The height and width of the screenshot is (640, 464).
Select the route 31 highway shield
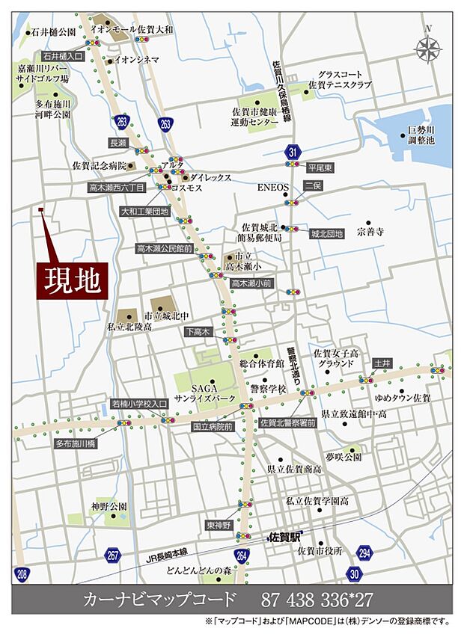pyautogui.click(x=292, y=153)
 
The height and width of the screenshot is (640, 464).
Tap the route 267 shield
pyautogui.click(x=113, y=556)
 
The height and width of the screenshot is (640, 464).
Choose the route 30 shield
pyautogui.click(x=353, y=573)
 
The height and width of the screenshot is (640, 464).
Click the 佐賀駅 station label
pyautogui.click(x=284, y=536)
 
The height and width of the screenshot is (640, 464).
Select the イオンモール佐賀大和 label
pyautogui.click(x=131, y=29)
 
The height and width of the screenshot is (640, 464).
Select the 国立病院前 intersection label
pyautogui.click(x=213, y=427)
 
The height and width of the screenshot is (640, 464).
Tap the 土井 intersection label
pyautogui.click(x=382, y=363)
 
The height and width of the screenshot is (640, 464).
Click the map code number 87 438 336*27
pyautogui.click(x=318, y=600)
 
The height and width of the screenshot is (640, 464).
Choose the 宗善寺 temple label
pyautogui.click(x=370, y=233)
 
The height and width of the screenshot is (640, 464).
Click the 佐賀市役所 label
pyautogui.click(x=319, y=551)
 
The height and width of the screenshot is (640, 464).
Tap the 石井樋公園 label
pyautogui.click(x=53, y=32)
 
